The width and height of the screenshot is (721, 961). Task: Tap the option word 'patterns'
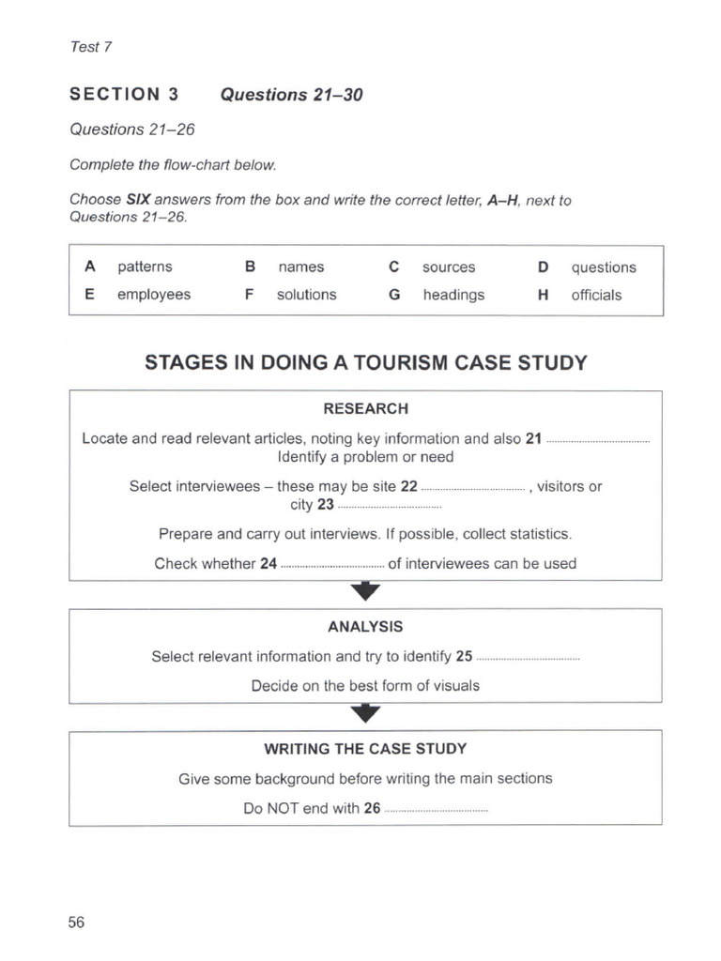click(145, 267)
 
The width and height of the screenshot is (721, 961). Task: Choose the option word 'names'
click(300, 267)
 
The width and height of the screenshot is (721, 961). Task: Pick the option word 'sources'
click(449, 267)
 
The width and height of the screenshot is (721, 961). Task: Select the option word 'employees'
click(153, 295)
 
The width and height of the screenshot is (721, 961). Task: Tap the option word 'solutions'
click(306, 295)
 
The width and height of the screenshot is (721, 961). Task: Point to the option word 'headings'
click(453, 295)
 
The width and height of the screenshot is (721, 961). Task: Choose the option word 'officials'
click(596, 295)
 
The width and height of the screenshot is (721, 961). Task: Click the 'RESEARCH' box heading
click(365, 409)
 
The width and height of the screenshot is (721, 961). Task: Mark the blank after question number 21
click(598, 440)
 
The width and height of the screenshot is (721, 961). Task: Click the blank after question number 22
click(473, 488)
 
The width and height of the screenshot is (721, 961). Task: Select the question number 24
click(268, 564)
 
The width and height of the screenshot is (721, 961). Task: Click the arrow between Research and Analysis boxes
click(365, 591)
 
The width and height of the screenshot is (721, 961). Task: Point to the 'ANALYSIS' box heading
click(365, 626)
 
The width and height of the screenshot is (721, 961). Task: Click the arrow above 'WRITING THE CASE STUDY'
click(365, 714)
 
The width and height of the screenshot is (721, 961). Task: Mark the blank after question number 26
click(437, 809)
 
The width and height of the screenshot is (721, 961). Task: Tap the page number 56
click(76, 922)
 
